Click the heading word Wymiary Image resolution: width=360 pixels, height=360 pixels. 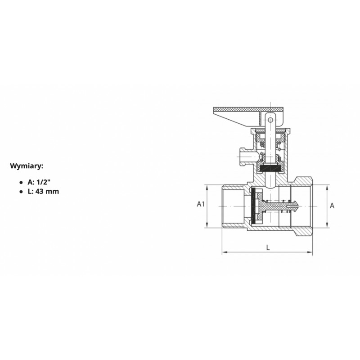(x=27, y=166)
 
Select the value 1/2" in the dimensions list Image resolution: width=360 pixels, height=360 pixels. (x=43, y=182)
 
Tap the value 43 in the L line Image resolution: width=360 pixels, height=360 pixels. (x=40, y=192)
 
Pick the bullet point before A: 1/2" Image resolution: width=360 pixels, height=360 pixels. (x=21, y=183)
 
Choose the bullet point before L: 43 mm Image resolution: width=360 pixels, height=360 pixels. (x=21, y=192)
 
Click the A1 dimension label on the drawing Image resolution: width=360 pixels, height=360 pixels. (x=201, y=204)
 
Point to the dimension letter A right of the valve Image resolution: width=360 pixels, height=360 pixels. (x=332, y=206)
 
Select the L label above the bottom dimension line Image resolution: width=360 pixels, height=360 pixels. (x=268, y=247)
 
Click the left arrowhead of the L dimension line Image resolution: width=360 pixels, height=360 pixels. (x=225, y=252)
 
